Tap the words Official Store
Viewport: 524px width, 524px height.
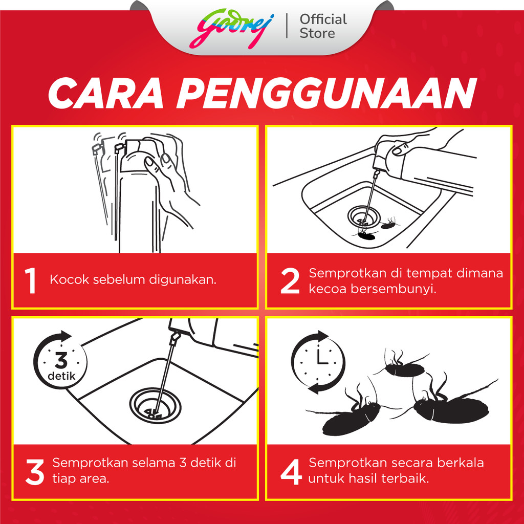tap(323, 26)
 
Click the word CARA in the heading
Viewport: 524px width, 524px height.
tap(106, 93)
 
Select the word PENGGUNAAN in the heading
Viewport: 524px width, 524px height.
tap(326, 93)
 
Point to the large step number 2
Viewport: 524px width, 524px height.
tap(290, 281)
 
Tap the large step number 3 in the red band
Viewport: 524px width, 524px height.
tap(35, 472)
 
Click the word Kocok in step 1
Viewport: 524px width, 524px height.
tap(70, 279)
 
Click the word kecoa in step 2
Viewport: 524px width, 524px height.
tap(328, 289)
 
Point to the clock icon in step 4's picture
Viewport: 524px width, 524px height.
tap(318, 362)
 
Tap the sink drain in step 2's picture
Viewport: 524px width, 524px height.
tap(364, 216)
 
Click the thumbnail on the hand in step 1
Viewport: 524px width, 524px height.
tap(150, 163)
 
